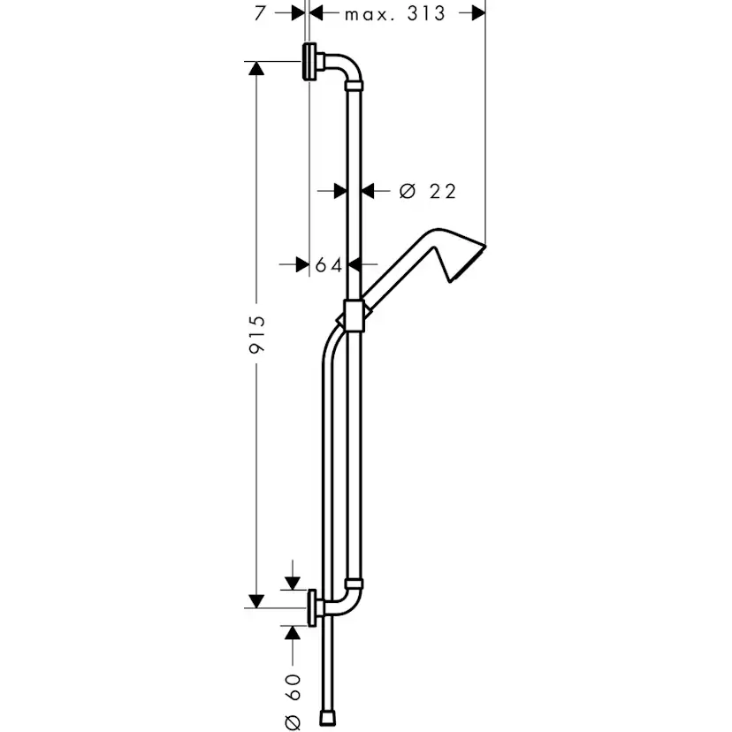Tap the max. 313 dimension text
(395, 13)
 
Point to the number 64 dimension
(328, 265)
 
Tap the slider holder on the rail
(354, 316)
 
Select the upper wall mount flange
(309, 62)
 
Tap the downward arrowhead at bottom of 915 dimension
(256, 600)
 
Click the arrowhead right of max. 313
(477, 13)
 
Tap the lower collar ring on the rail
(354, 583)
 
